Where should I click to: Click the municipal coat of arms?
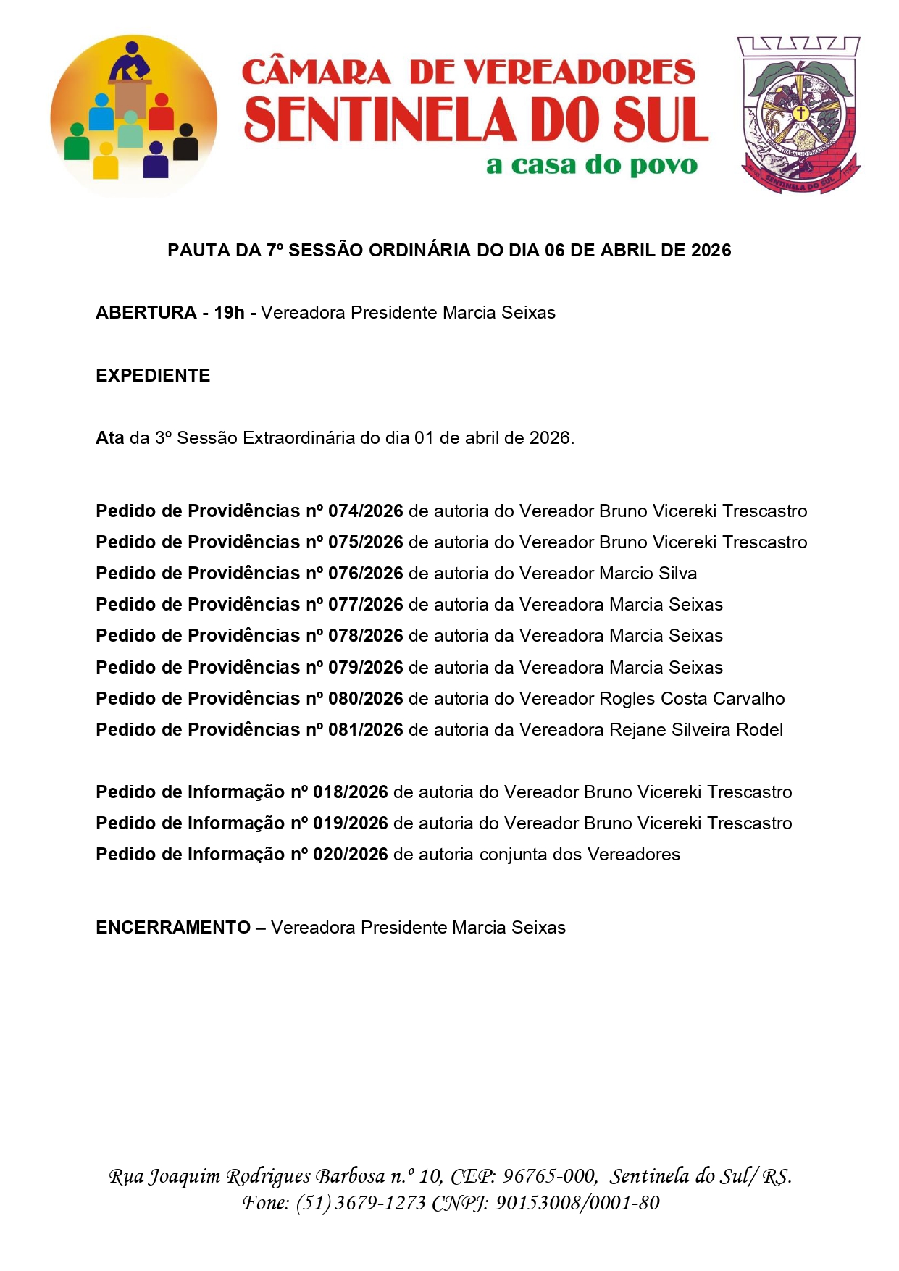coord(800,114)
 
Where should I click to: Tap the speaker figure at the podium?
coord(130,64)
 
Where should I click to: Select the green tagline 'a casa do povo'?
coord(592,165)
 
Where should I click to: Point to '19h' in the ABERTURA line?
coord(229,313)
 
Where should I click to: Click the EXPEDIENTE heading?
coord(153,376)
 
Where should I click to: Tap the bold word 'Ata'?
coord(110,438)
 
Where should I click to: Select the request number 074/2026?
coord(365,511)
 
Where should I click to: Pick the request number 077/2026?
coord(365,605)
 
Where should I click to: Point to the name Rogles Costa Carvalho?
coord(692,699)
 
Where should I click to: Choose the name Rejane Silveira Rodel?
coord(695,730)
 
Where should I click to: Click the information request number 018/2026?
coord(350,792)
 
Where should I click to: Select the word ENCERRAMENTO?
coord(173,928)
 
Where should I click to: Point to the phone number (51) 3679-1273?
coord(360,1203)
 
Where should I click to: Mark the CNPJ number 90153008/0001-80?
coord(577,1203)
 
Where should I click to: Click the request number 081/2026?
coord(365,730)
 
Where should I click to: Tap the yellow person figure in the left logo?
coord(106,161)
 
